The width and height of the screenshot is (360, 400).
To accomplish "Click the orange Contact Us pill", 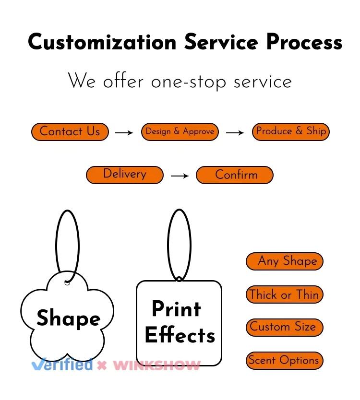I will [70, 132].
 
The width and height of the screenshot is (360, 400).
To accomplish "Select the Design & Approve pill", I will [180, 132].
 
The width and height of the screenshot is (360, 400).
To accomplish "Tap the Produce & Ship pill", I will [291, 131].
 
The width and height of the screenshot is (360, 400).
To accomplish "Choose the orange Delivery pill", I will [125, 175].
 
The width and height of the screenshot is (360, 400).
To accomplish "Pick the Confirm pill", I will [235, 175].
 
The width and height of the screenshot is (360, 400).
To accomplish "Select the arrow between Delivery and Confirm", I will [180, 176].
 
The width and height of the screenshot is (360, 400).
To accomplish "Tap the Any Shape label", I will [285, 261].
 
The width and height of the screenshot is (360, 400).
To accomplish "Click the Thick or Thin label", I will [285, 294].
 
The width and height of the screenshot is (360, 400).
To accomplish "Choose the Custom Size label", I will [285, 328].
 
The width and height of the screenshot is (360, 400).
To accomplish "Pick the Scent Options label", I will [285, 361].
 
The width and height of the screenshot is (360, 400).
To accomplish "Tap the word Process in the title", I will [304, 42].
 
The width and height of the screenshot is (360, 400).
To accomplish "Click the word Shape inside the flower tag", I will [68, 318].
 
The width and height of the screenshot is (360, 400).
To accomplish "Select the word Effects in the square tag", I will [180, 335].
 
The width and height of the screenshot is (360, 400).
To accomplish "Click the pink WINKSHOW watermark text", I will [156, 365].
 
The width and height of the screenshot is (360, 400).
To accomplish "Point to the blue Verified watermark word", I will [62, 365].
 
